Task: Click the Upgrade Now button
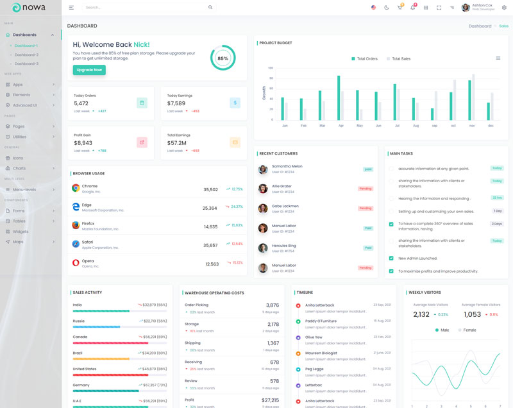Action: (x=89, y=70)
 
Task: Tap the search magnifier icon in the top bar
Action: (x=210, y=8)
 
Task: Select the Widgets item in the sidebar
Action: (x=21, y=231)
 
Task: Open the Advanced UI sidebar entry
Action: (x=25, y=105)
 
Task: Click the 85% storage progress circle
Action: (x=223, y=58)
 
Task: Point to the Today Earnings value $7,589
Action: (x=176, y=103)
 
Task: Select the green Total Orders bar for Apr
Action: (x=339, y=98)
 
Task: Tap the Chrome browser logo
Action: (x=76, y=188)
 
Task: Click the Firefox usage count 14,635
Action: (x=211, y=226)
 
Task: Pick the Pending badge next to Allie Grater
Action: (x=366, y=189)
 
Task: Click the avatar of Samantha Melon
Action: (x=263, y=169)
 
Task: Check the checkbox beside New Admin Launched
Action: (x=391, y=258)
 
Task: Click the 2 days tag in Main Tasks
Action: (x=497, y=224)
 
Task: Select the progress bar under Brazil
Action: (x=120, y=359)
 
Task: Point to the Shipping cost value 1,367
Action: (x=273, y=343)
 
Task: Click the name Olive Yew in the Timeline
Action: (x=314, y=337)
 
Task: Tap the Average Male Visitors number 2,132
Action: (x=421, y=314)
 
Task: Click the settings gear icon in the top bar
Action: (x=503, y=8)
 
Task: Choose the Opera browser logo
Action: (x=76, y=262)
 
